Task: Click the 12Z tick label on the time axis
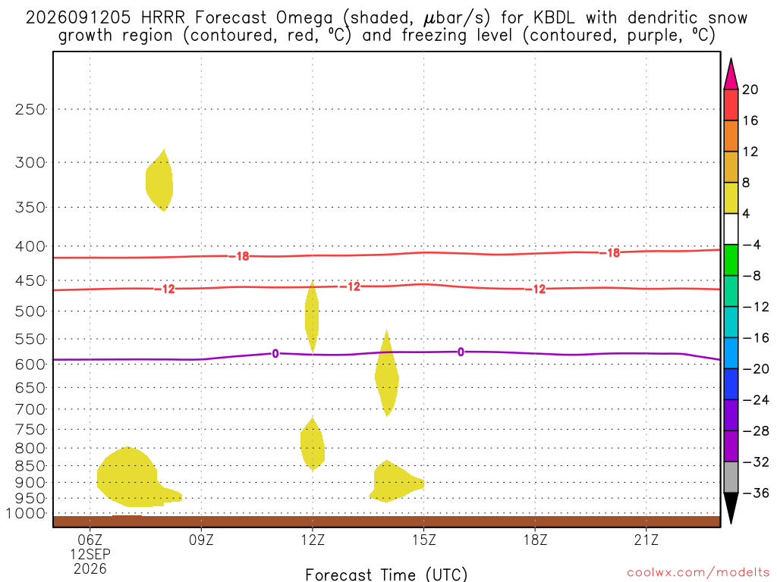(313, 540)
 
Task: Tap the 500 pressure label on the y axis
(30, 311)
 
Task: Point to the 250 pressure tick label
(30, 109)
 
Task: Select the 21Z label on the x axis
(646, 540)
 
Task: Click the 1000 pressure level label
(26, 514)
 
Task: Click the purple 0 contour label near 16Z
(461, 352)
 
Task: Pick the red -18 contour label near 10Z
(239, 256)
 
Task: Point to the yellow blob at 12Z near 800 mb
(313, 444)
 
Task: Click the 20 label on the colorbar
(750, 89)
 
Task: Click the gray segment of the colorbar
(731, 477)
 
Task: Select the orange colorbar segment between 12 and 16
(731, 136)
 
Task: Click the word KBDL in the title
(553, 18)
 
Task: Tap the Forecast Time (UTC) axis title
(386, 574)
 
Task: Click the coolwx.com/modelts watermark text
(698, 573)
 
